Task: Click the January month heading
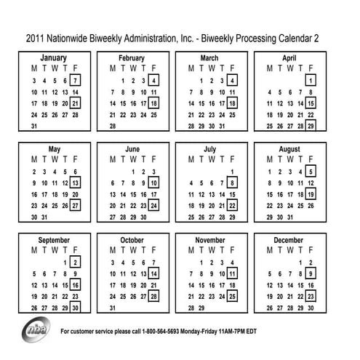(54, 57)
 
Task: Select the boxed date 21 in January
(76, 104)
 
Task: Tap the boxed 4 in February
(154, 81)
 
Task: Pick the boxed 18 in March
(232, 104)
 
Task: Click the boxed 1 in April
(311, 81)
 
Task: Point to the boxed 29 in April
(311, 127)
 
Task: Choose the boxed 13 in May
(76, 183)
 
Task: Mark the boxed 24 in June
(154, 206)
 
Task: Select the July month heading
(210, 149)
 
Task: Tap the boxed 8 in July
(232, 183)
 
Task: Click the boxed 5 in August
(311, 172)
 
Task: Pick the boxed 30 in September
(76, 308)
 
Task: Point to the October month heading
(132, 240)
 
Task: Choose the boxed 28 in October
(154, 297)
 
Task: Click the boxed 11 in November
(232, 274)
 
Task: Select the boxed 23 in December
(311, 297)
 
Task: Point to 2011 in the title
(38, 37)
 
